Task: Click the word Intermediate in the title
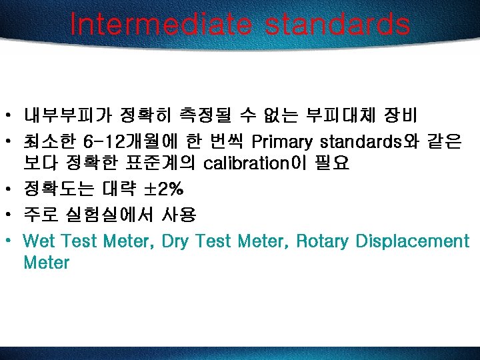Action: [160, 25]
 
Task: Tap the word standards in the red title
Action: [337, 25]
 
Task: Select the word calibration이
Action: [254, 163]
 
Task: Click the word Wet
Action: [39, 241]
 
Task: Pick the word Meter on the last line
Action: [46, 262]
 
